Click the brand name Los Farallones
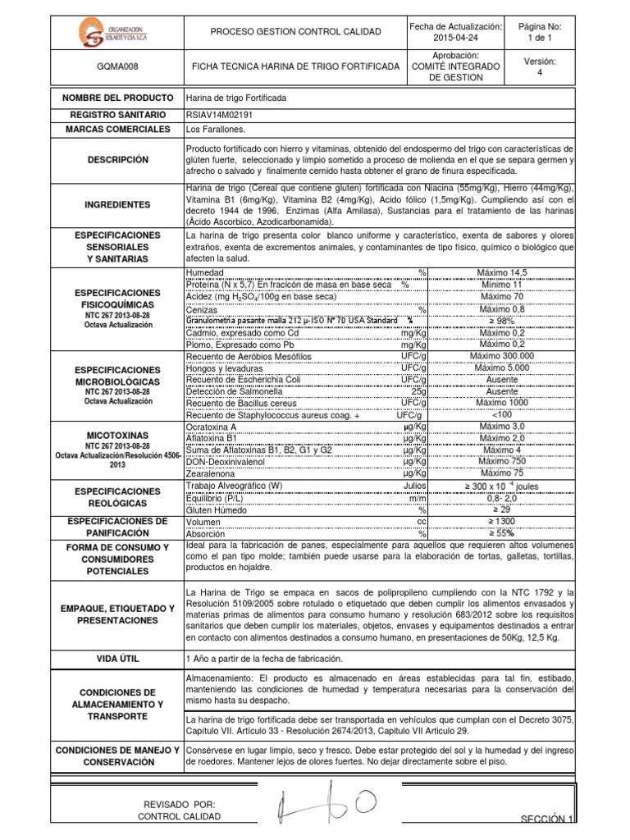point(217,130)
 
